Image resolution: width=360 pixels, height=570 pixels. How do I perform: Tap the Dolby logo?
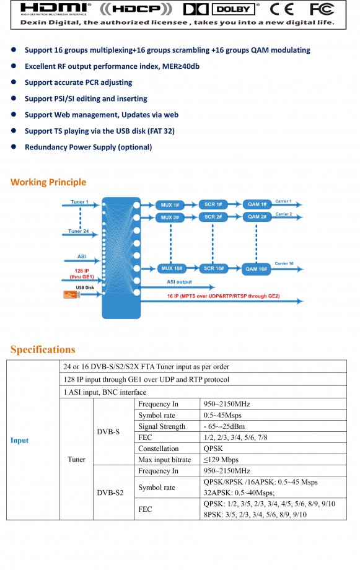click(222, 9)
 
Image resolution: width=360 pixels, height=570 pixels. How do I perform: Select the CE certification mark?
click(282, 9)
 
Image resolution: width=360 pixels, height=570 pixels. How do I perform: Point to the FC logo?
click(322, 9)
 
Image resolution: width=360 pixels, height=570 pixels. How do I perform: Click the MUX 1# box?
click(170, 205)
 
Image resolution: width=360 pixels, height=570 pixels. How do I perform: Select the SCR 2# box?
click(213, 217)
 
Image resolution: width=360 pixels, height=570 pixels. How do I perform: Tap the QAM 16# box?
click(257, 269)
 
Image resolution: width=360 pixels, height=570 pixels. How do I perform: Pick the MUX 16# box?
click(172, 268)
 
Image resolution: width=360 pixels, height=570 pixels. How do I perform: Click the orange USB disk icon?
click(71, 294)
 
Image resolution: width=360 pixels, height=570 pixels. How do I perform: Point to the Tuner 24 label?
click(79, 231)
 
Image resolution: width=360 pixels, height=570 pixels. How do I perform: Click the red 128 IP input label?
click(82, 274)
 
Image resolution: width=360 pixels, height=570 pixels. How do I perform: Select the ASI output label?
click(179, 282)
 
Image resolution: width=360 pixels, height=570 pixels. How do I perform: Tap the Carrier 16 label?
click(284, 263)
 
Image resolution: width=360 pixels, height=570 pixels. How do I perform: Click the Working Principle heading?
click(48, 182)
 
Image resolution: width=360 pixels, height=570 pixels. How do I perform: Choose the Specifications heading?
click(43, 349)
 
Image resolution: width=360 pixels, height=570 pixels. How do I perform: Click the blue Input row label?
click(19, 441)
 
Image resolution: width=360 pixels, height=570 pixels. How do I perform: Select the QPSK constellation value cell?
click(213, 449)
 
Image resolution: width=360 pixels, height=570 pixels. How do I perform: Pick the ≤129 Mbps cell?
click(221, 460)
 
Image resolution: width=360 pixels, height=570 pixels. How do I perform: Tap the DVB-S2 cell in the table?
click(110, 493)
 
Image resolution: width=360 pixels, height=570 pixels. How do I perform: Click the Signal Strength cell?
click(162, 426)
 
